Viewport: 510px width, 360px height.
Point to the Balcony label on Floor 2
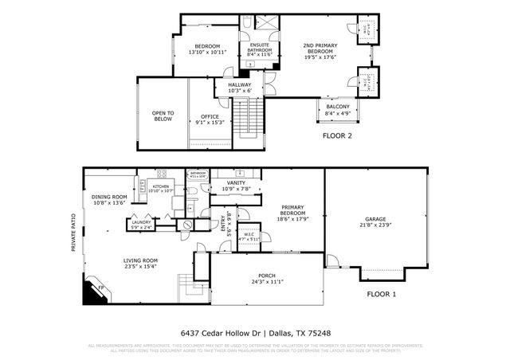click(337, 107)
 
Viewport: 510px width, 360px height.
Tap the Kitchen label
click(160, 186)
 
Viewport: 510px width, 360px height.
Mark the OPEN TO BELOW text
click(163, 116)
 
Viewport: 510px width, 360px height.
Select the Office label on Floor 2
click(210, 116)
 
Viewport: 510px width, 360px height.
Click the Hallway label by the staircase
click(240, 85)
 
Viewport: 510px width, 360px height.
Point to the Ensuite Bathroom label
click(259, 47)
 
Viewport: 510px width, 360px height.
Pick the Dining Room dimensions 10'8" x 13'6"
click(109, 202)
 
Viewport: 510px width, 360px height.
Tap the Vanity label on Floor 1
click(236, 183)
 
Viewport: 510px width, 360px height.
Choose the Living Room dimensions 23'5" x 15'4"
click(140, 266)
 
